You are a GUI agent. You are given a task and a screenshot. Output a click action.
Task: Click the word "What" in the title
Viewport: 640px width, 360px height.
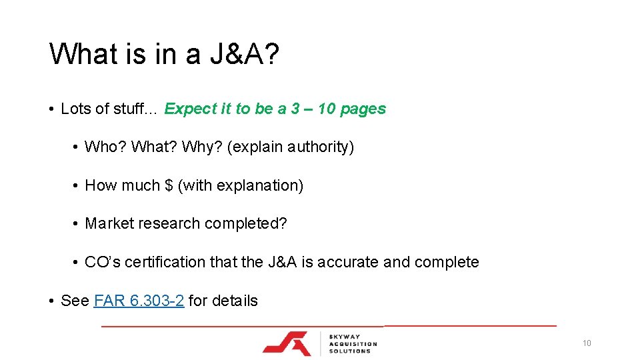pyautogui.click(x=83, y=54)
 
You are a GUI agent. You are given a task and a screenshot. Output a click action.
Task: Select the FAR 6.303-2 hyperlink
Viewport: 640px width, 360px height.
pyautogui.click(x=139, y=301)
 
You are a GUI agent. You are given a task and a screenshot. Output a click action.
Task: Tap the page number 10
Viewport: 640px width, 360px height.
pyautogui.click(x=587, y=343)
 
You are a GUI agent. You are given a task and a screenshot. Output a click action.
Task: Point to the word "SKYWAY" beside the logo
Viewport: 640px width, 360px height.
pyautogui.click(x=345, y=336)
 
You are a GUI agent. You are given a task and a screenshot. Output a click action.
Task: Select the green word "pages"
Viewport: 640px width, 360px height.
pyautogui.click(x=363, y=109)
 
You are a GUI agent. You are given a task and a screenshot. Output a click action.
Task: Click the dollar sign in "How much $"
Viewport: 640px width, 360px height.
pyautogui.click(x=168, y=185)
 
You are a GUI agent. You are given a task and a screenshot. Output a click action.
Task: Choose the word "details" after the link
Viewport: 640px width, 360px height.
pyautogui.click(x=235, y=301)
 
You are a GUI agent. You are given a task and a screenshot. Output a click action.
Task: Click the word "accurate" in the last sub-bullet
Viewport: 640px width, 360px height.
pyautogui.click(x=348, y=262)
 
